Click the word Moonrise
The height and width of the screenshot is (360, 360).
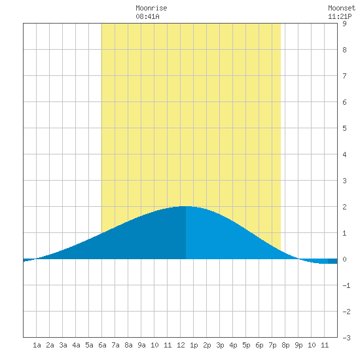tap(151, 8)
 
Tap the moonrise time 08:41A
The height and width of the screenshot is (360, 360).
tap(147, 16)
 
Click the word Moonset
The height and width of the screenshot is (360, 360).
tap(342, 8)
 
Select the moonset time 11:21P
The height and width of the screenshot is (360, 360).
tap(340, 16)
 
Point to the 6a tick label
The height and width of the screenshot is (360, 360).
tap(102, 345)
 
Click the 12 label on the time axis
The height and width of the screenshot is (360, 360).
tap(181, 345)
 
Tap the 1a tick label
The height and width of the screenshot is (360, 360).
tap(37, 345)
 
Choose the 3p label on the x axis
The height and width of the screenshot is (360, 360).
tap(220, 345)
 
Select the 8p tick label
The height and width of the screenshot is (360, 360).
tap(285, 345)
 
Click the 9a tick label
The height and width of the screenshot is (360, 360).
tap(141, 345)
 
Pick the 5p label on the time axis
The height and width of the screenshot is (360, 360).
tap(246, 345)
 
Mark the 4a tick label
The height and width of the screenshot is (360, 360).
tap(76, 345)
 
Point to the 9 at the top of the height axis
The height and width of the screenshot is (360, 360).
tap(344, 24)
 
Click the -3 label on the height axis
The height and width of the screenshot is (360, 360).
tap(346, 338)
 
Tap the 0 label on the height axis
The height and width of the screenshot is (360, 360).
tap(344, 259)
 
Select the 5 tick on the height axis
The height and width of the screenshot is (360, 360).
tap(344, 128)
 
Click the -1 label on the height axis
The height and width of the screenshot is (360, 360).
tap(346, 285)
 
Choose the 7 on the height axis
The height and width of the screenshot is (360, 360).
tap(344, 76)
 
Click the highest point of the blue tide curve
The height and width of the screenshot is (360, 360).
tap(186, 206)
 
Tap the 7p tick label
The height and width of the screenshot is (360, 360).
tap(272, 345)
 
